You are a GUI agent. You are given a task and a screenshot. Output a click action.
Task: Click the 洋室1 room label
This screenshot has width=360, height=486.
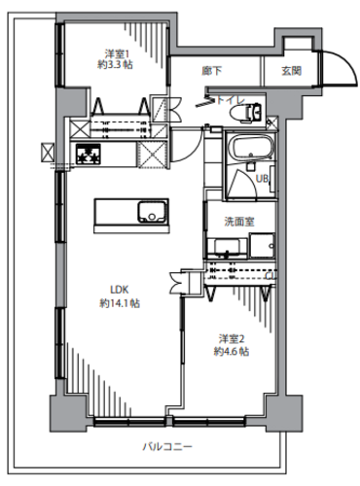[115, 53]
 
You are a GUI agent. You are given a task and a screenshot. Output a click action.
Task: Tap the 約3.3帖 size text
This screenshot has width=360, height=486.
[115, 65]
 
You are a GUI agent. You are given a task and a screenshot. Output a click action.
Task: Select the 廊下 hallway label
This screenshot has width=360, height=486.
[212, 71]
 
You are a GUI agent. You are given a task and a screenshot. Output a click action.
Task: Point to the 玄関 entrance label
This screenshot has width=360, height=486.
[292, 71]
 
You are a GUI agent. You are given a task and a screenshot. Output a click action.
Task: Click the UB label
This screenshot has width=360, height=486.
[262, 179]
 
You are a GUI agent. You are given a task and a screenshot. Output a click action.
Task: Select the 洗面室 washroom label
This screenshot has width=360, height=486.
[239, 222]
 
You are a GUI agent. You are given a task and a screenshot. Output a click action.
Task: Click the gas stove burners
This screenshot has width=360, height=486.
[89, 155]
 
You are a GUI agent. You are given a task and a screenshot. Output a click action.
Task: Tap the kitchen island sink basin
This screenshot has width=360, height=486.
[153, 212]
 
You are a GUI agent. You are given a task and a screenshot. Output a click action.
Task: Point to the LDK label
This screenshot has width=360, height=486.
[120, 289]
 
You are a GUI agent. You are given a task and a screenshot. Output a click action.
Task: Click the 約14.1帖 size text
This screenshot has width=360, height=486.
[120, 303]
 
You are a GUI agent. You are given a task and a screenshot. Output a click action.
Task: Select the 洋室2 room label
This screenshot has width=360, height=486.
[232, 339]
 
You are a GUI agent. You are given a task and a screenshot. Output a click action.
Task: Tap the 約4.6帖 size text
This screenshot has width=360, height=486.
[232, 351]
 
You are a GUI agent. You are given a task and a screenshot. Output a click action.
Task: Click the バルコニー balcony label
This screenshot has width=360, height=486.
[167, 447]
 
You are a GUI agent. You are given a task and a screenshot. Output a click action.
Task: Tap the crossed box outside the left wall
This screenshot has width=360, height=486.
[48, 153]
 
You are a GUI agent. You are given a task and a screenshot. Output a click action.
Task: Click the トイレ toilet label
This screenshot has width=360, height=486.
[231, 100]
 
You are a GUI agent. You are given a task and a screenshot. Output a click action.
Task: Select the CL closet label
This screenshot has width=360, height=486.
[270, 276]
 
